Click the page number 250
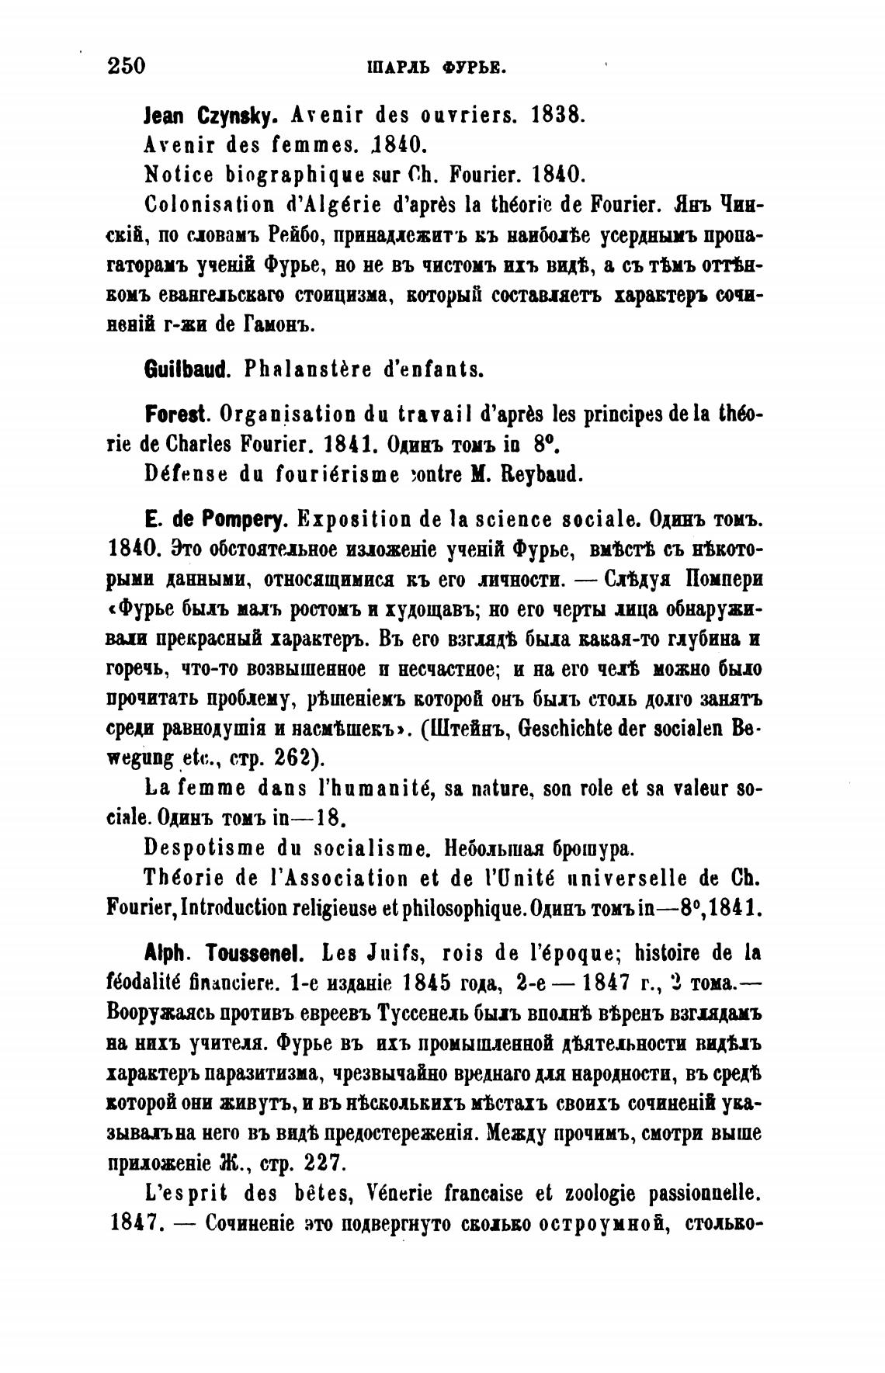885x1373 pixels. [x=126, y=65]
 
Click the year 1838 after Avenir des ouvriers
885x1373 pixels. [x=556, y=116]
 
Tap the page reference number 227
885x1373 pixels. [x=318, y=1163]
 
